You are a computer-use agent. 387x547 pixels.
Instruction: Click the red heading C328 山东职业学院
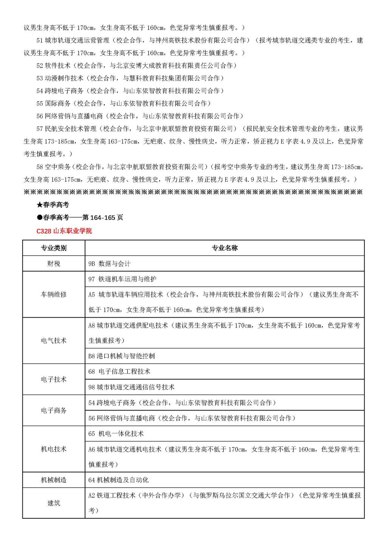pyautogui.click(x=64, y=230)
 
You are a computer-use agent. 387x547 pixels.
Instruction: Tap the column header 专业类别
pyautogui.click(x=54, y=248)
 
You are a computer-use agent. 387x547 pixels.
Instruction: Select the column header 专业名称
pyautogui.click(x=224, y=248)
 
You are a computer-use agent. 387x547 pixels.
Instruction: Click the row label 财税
pyautogui.click(x=54, y=263)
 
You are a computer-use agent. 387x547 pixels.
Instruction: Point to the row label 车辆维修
pyautogui.click(x=54, y=294)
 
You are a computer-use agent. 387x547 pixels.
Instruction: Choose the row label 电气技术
pyautogui.click(x=54, y=340)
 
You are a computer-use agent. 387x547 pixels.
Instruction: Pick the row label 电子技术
pyautogui.click(x=54, y=379)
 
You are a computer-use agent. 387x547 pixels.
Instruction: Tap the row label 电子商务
pyautogui.click(x=54, y=410)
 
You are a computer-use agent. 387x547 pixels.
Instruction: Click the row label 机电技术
pyautogui.click(x=54, y=449)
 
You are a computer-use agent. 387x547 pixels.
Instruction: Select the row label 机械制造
pyautogui.click(x=54, y=480)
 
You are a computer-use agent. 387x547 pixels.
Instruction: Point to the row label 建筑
pyautogui.click(x=54, y=503)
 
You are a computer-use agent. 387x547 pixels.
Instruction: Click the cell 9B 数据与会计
pyautogui.click(x=109, y=264)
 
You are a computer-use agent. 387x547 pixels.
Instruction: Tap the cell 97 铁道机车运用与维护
pyautogui.click(x=122, y=279)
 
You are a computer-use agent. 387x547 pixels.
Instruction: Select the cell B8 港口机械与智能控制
pyautogui.click(x=121, y=356)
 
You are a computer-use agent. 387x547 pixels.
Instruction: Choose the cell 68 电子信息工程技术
pyautogui.click(x=119, y=371)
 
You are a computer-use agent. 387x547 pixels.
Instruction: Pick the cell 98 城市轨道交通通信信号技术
pyautogui.click(x=131, y=387)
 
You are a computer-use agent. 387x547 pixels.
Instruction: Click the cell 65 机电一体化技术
pyautogui.click(x=116, y=434)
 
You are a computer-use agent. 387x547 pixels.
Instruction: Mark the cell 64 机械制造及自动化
pyautogui.click(x=118, y=480)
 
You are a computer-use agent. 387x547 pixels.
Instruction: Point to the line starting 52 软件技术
pyautogui.click(x=136, y=65)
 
